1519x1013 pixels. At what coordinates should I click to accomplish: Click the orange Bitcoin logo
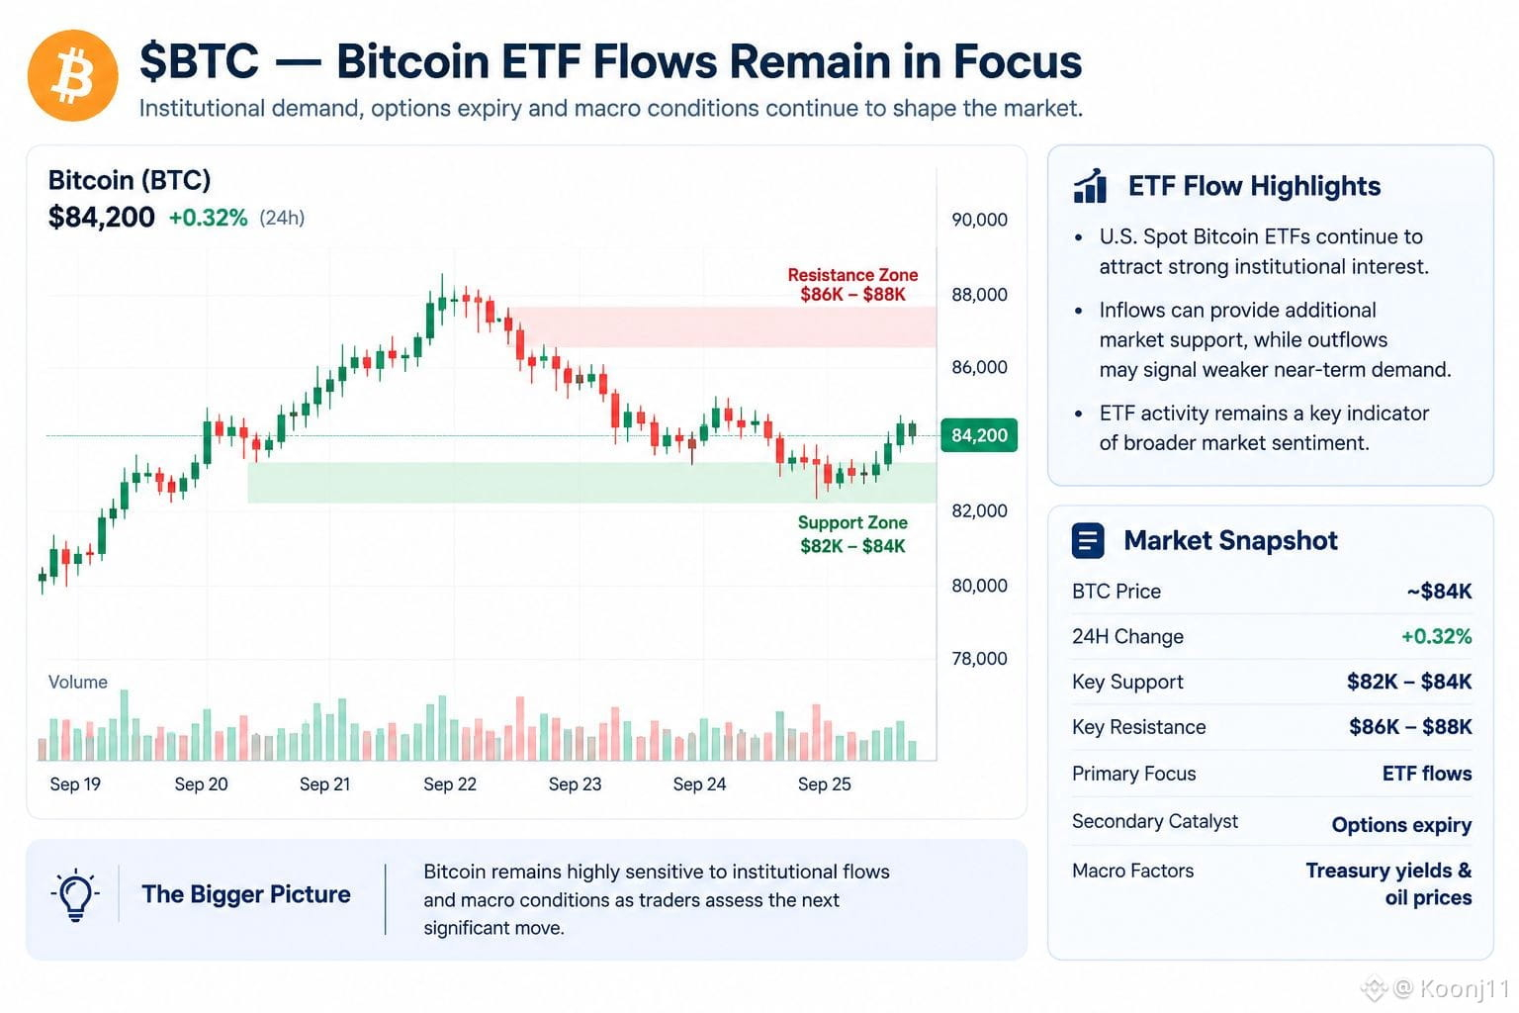coord(72,75)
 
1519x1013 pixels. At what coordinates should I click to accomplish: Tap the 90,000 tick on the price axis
coord(979,220)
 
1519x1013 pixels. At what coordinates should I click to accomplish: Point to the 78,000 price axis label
coord(979,658)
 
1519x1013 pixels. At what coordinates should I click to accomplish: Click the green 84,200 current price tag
coord(979,435)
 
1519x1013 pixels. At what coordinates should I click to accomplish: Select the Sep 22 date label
coord(450,784)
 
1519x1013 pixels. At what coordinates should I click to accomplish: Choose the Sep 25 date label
coord(824,784)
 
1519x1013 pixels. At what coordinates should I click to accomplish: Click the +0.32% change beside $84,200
coord(208,218)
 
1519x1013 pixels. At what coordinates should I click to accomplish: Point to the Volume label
coord(78,682)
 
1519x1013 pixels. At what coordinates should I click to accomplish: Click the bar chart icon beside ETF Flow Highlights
coord(1090,186)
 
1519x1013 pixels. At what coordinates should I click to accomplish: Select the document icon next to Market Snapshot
coord(1088,541)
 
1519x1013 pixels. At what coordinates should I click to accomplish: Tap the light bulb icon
coord(75,894)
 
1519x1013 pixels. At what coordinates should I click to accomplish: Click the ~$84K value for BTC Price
coord(1439,592)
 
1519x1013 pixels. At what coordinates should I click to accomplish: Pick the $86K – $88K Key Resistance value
coord(1410,727)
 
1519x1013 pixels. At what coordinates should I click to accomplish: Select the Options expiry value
coord(1401,825)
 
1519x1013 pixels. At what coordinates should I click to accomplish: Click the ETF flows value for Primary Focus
coord(1427,774)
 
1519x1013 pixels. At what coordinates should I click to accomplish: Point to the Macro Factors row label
coord(1132,871)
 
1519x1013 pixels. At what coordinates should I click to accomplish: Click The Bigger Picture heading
coord(246,894)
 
